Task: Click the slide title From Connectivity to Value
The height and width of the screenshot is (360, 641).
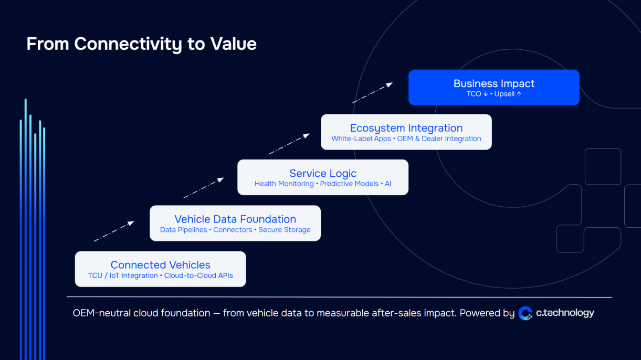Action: (141, 44)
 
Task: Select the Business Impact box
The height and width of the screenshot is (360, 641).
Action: (493, 87)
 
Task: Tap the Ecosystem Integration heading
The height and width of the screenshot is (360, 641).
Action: (406, 128)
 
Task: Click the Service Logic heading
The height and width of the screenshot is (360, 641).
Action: (323, 173)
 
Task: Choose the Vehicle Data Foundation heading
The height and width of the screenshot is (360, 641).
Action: (235, 219)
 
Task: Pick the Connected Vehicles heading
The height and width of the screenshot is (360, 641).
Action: (160, 265)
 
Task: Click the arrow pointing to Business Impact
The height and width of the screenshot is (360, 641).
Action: (372, 92)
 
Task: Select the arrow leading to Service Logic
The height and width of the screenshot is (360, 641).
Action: (203, 188)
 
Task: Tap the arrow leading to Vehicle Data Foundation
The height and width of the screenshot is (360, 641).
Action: (114, 231)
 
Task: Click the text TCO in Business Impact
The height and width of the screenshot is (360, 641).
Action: (474, 94)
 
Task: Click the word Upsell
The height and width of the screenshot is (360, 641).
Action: (504, 94)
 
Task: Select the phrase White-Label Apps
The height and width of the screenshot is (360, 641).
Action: (361, 139)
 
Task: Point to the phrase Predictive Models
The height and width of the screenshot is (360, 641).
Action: (349, 184)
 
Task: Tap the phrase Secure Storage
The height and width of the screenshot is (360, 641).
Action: (285, 230)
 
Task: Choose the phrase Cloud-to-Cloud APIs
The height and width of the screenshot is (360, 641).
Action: (198, 276)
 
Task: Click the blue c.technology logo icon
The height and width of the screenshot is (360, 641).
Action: (525, 313)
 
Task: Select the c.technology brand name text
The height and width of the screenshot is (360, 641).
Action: (565, 313)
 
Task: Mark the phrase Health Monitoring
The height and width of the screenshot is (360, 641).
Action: (284, 184)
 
